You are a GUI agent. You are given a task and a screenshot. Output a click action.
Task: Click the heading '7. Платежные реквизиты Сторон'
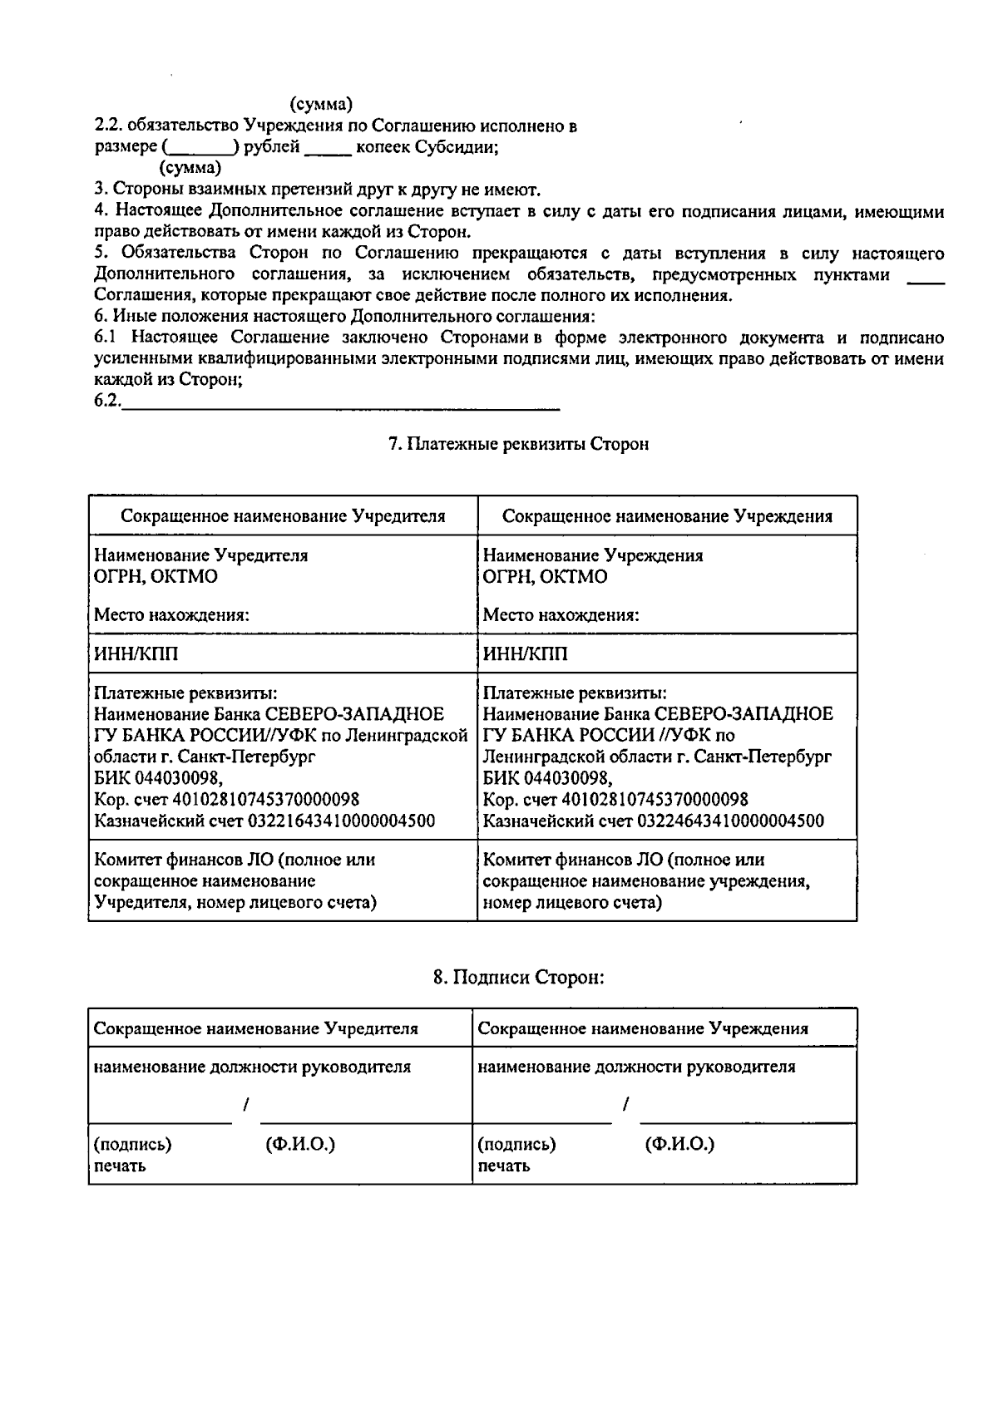(518, 444)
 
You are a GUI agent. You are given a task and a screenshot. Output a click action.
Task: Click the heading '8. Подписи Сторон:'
(518, 977)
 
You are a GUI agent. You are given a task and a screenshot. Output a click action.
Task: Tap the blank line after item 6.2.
(341, 406)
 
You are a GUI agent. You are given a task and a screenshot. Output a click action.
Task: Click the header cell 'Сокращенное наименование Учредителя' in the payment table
(283, 516)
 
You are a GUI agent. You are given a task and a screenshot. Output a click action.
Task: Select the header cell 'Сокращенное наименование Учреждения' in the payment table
(667, 516)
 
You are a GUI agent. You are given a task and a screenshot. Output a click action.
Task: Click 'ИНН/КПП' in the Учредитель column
(136, 654)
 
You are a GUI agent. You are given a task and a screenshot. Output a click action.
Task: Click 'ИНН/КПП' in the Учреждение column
(526, 654)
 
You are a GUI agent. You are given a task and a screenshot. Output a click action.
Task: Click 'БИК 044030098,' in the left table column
(158, 778)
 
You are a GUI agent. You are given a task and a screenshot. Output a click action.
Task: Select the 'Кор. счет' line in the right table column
(615, 800)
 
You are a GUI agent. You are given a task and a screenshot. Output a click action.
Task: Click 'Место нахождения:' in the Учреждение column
(561, 616)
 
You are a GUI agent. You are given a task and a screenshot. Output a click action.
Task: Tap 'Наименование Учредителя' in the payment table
(200, 555)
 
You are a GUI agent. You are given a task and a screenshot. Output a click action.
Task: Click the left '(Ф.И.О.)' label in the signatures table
(300, 1145)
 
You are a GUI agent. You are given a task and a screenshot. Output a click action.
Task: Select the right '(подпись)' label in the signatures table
(516, 1145)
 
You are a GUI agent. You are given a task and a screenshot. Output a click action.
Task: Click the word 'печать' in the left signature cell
(120, 1166)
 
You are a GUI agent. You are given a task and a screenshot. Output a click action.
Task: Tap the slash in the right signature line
(625, 1104)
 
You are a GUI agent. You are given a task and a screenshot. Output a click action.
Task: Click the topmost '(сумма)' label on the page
(321, 105)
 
